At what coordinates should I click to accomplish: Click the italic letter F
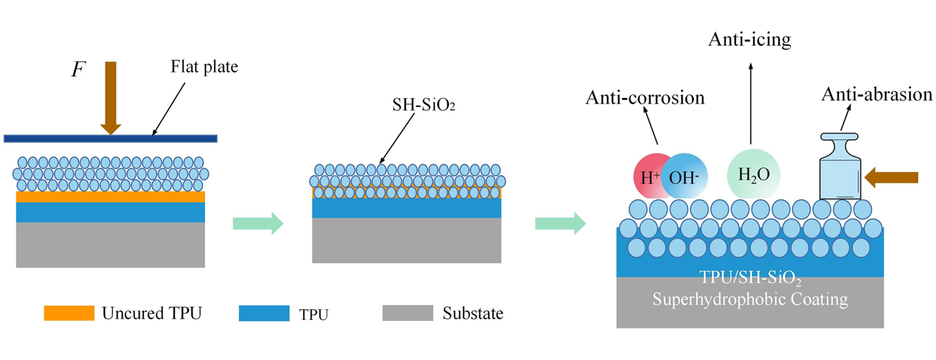pyautogui.click(x=78, y=70)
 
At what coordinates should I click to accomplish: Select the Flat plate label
pyautogui.click(x=204, y=67)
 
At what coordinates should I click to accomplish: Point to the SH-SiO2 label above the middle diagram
pyautogui.click(x=423, y=105)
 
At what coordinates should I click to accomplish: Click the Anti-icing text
pyautogui.click(x=749, y=40)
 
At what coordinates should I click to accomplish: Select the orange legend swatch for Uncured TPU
pyautogui.click(x=69, y=313)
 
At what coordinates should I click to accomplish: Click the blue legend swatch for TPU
pyautogui.click(x=264, y=313)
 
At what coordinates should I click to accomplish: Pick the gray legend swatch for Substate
pyautogui.click(x=408, y=313)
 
